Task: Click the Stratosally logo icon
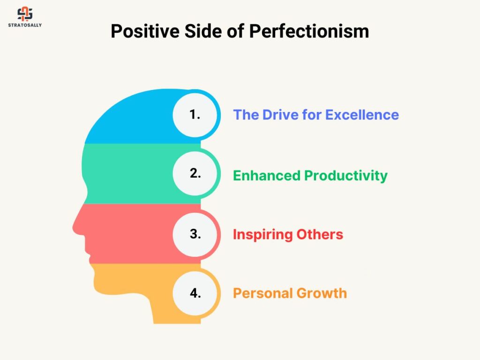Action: tap(25, 14)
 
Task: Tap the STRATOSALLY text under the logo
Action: tap(25, 25)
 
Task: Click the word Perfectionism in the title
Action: tap(309, 31)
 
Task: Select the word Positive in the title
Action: tap(145, 31)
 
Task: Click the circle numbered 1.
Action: tap(195, 115)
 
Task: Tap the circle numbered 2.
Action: tap(195, 173)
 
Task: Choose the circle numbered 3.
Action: tap(195, 234)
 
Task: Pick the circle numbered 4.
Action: tap(195, 293)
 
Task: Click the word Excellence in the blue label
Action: tap(362, 115)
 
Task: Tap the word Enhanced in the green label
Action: tap(267, 176)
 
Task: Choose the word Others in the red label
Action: tap(320, 234)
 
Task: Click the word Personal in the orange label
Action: tap(263, 293)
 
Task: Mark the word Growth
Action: tap(322, 293)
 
